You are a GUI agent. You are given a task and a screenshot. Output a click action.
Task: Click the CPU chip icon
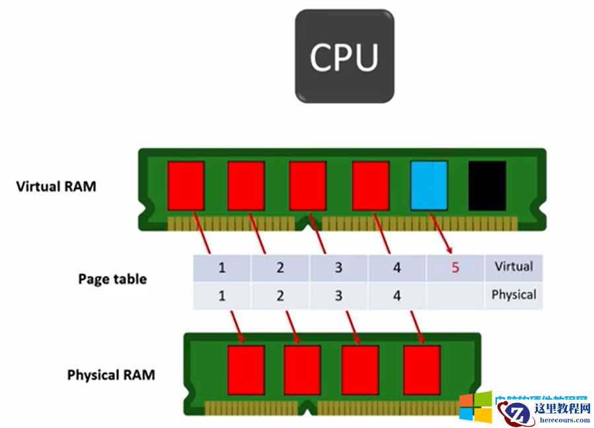pos(344,56)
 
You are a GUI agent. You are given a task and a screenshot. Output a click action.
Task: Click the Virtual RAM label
pos(56,186)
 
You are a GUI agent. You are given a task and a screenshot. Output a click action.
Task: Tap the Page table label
pos(112,279)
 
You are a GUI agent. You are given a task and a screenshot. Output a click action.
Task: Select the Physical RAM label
pos(111,375)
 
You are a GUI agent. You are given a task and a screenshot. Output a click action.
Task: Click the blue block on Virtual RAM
pos(429,186)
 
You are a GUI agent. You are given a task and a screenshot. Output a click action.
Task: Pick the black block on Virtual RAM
pos(487,186)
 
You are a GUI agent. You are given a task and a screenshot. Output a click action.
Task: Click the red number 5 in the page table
pos(455,268)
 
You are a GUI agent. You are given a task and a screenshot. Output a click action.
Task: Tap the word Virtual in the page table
pos(513,267)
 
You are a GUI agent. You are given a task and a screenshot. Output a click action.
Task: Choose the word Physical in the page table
pos(513,295)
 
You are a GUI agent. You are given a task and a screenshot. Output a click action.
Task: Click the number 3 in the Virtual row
pos(338,268)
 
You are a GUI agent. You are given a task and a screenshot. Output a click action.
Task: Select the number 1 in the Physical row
pos(222,296)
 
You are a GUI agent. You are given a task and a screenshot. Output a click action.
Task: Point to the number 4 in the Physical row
pos(396,296)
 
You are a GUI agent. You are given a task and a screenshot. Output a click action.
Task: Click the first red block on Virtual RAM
pos(186,186)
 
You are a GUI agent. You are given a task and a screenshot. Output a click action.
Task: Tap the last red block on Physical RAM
pos(422,370)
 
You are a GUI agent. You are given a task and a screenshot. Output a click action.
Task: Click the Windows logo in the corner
pos(476,408)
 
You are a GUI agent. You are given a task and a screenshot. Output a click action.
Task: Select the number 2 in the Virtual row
pos(280,268)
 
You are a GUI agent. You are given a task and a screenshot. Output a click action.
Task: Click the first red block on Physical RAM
pos(246,370)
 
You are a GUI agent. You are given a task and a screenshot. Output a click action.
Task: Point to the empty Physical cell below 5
pos(455,296)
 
